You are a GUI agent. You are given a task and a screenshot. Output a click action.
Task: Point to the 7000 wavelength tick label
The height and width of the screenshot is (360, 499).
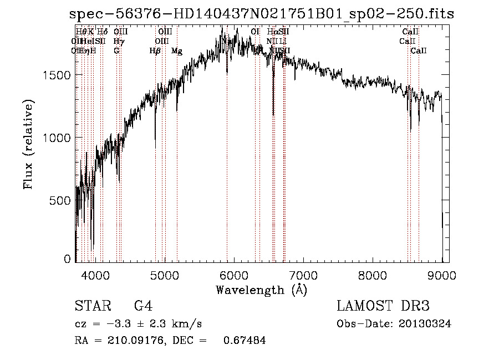tap(303, 274)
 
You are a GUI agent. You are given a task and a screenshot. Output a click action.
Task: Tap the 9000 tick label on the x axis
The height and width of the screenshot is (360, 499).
tap(442, 274)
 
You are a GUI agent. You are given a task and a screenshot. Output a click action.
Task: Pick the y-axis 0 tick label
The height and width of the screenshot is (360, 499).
tap(68, 259)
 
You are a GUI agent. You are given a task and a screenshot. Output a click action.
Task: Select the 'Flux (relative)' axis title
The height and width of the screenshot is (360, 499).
tap(28, 144)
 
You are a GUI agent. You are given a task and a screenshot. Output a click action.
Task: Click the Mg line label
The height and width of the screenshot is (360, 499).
tap(176, 51)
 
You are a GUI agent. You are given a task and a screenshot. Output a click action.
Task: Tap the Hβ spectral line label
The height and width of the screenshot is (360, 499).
tap(155, 51)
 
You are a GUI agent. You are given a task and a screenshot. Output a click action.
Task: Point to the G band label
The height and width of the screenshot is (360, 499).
tap(116, 51)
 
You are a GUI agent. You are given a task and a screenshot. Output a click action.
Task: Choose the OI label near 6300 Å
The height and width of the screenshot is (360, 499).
tap(255, 32)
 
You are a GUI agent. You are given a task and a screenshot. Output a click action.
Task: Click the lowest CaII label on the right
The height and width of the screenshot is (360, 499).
tap(419, 51)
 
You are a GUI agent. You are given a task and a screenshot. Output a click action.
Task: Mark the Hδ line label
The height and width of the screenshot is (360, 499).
tap(102, 32)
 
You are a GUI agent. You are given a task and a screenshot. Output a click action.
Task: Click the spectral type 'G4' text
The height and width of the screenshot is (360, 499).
tap(143, 307)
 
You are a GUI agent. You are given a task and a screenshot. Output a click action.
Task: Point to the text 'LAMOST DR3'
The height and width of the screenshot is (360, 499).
tap(383, 306)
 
